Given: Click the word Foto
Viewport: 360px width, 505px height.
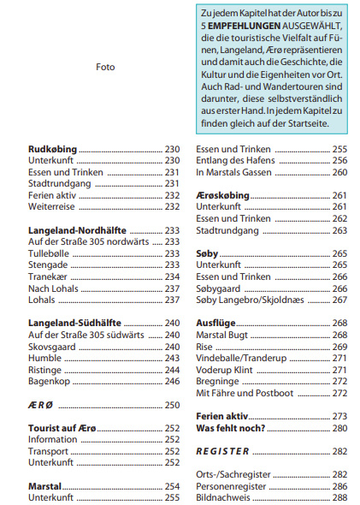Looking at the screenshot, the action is coord(105,67).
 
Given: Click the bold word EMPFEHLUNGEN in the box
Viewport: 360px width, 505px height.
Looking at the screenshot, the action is coord(245,26).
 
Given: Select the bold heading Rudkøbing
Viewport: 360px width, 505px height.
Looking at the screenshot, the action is coord(52,150).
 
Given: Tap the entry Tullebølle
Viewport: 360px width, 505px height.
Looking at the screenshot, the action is coord(49,253).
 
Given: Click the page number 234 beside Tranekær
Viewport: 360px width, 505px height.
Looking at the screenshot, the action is coord(172,276).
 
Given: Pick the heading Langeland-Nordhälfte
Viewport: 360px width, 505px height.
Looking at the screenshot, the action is coord(77,230).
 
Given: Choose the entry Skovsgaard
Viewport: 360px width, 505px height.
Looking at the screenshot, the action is coord(52,347).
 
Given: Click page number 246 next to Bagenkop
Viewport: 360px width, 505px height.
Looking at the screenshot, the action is coord(172,382).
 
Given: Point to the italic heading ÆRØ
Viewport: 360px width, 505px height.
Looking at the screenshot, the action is coord(40,405).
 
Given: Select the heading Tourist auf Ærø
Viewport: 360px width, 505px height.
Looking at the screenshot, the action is coord(62,428).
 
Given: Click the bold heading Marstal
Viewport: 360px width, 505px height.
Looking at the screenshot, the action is coord(44,486).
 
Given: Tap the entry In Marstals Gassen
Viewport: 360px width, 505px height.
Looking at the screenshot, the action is coord(233,172).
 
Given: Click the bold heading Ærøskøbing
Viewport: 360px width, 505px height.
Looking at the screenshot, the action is coord(222,195).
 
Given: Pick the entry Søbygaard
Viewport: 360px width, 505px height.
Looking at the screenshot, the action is coord(218,288).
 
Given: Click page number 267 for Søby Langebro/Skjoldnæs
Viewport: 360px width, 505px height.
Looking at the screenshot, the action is coord(339,300).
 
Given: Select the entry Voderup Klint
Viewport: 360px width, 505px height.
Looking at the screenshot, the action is coord(224,370).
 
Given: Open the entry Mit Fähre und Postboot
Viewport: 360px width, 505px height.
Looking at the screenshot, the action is coord(245,393).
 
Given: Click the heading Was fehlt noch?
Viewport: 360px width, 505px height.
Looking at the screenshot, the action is coord(231,428).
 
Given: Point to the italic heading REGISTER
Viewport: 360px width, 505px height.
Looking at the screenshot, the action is coord(222,451).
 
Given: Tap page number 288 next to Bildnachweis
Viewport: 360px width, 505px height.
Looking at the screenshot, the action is coord(339,497).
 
